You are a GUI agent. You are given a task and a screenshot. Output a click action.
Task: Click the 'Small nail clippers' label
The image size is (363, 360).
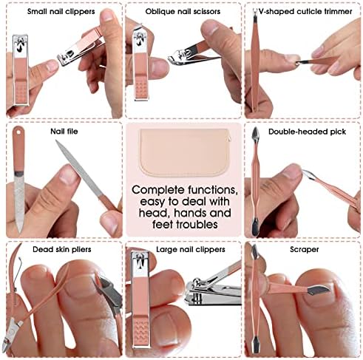[x=61, y=12]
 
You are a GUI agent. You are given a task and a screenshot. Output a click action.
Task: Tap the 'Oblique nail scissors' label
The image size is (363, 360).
[x=183, y=12]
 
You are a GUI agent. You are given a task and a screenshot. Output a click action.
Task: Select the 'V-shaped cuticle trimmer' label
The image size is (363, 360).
[x=305, y=12]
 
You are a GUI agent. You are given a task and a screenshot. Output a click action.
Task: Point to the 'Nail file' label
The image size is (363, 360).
[x=64, y=132]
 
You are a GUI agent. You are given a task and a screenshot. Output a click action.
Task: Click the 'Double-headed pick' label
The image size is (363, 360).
[x=307, y=132]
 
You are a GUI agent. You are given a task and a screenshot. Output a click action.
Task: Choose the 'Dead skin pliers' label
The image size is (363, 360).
[x=62, y=249]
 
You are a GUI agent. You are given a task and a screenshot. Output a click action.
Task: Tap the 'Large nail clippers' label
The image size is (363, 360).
[x=191, y=249]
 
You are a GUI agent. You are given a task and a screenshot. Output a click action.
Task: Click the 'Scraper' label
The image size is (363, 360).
[x=305, y=250]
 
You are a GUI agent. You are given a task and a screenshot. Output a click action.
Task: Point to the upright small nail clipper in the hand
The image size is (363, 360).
[x=21, y=70]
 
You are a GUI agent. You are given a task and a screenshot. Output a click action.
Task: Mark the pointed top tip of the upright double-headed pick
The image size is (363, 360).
[x=255, y=127]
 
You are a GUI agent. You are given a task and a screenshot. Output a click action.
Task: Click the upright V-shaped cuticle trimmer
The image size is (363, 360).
[x=254, y=61]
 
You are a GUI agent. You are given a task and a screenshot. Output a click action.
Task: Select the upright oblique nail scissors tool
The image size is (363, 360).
[x=140, y=64]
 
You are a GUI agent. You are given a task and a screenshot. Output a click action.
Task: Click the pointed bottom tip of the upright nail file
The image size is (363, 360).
[x=20, y=233]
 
